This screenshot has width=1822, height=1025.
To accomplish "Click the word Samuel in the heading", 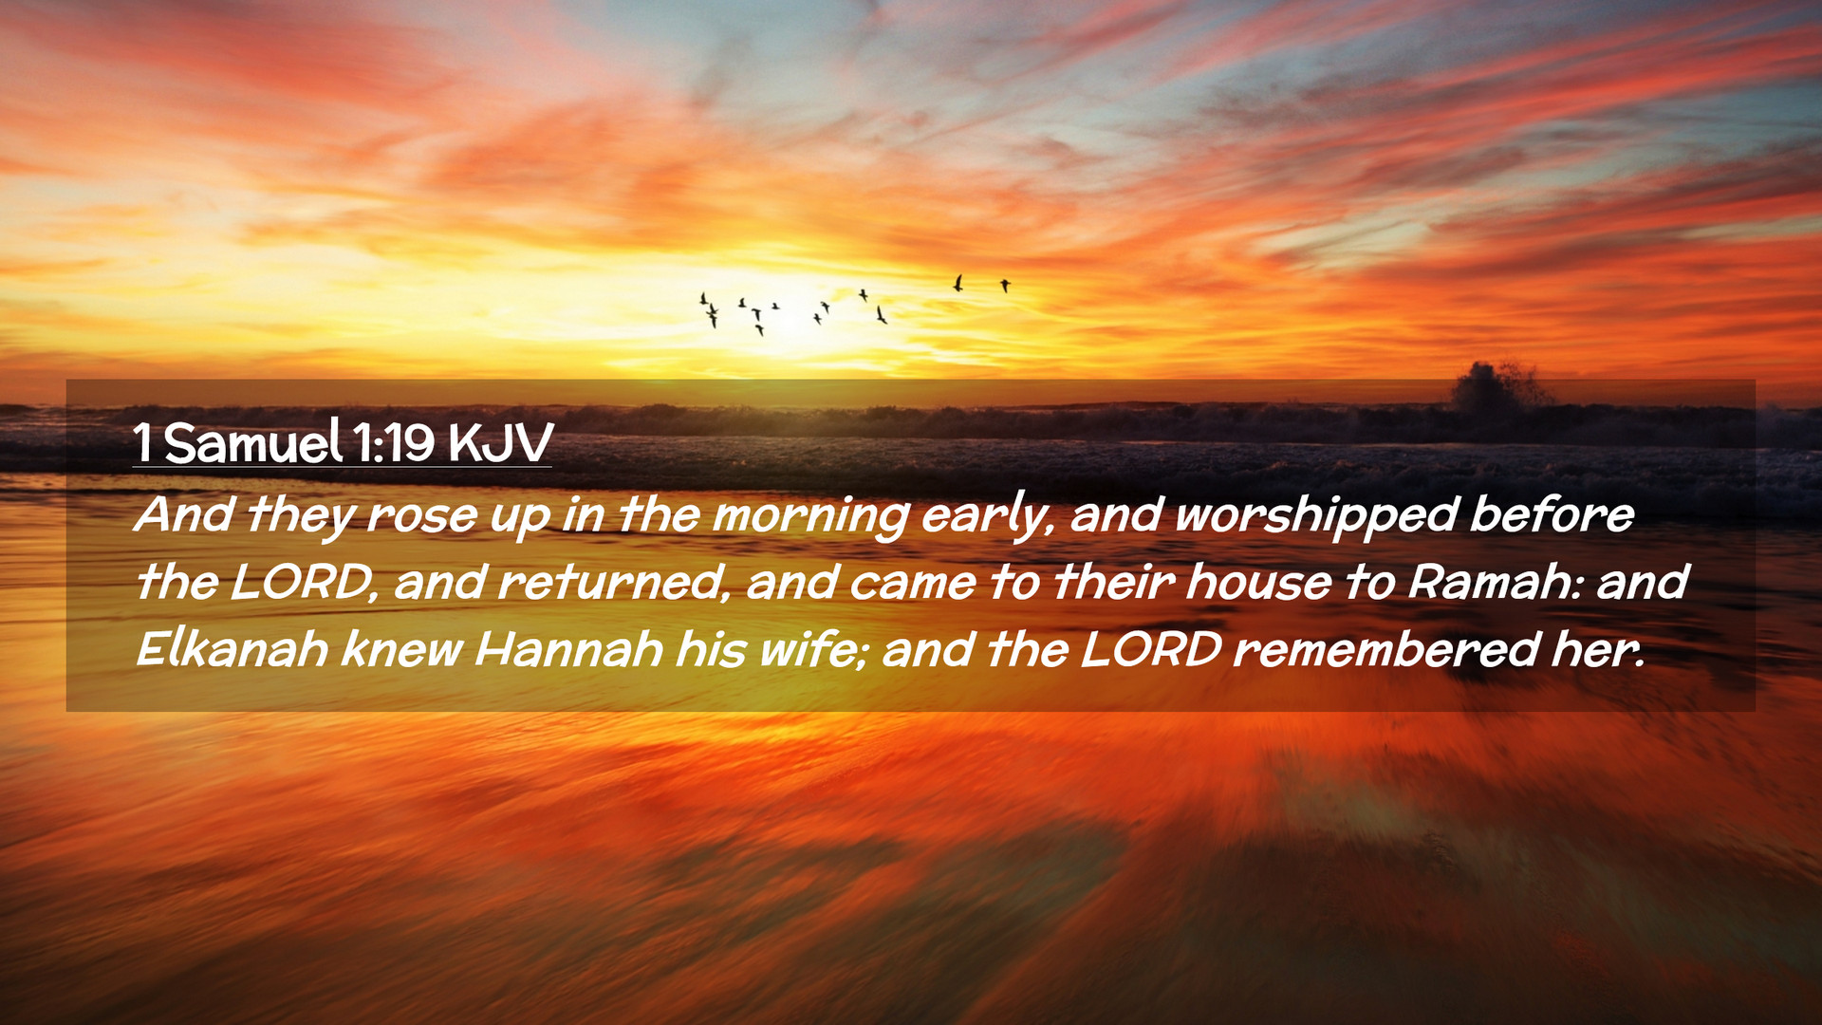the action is [252, 442].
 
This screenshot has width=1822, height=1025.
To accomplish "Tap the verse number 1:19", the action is [394, 443].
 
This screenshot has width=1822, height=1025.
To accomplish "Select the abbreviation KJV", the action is [500, 443].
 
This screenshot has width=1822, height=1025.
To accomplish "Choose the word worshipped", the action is [1316, 515].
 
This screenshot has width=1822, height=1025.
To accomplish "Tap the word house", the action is [1258, 581].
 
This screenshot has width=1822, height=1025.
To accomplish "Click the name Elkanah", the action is [232, 649].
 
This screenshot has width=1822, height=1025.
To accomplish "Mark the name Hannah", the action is [568, 649].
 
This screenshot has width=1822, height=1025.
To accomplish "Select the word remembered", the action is [1385, 649].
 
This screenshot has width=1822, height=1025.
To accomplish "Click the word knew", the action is [401, 649].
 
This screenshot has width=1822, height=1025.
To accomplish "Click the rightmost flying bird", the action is [1005, 285].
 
